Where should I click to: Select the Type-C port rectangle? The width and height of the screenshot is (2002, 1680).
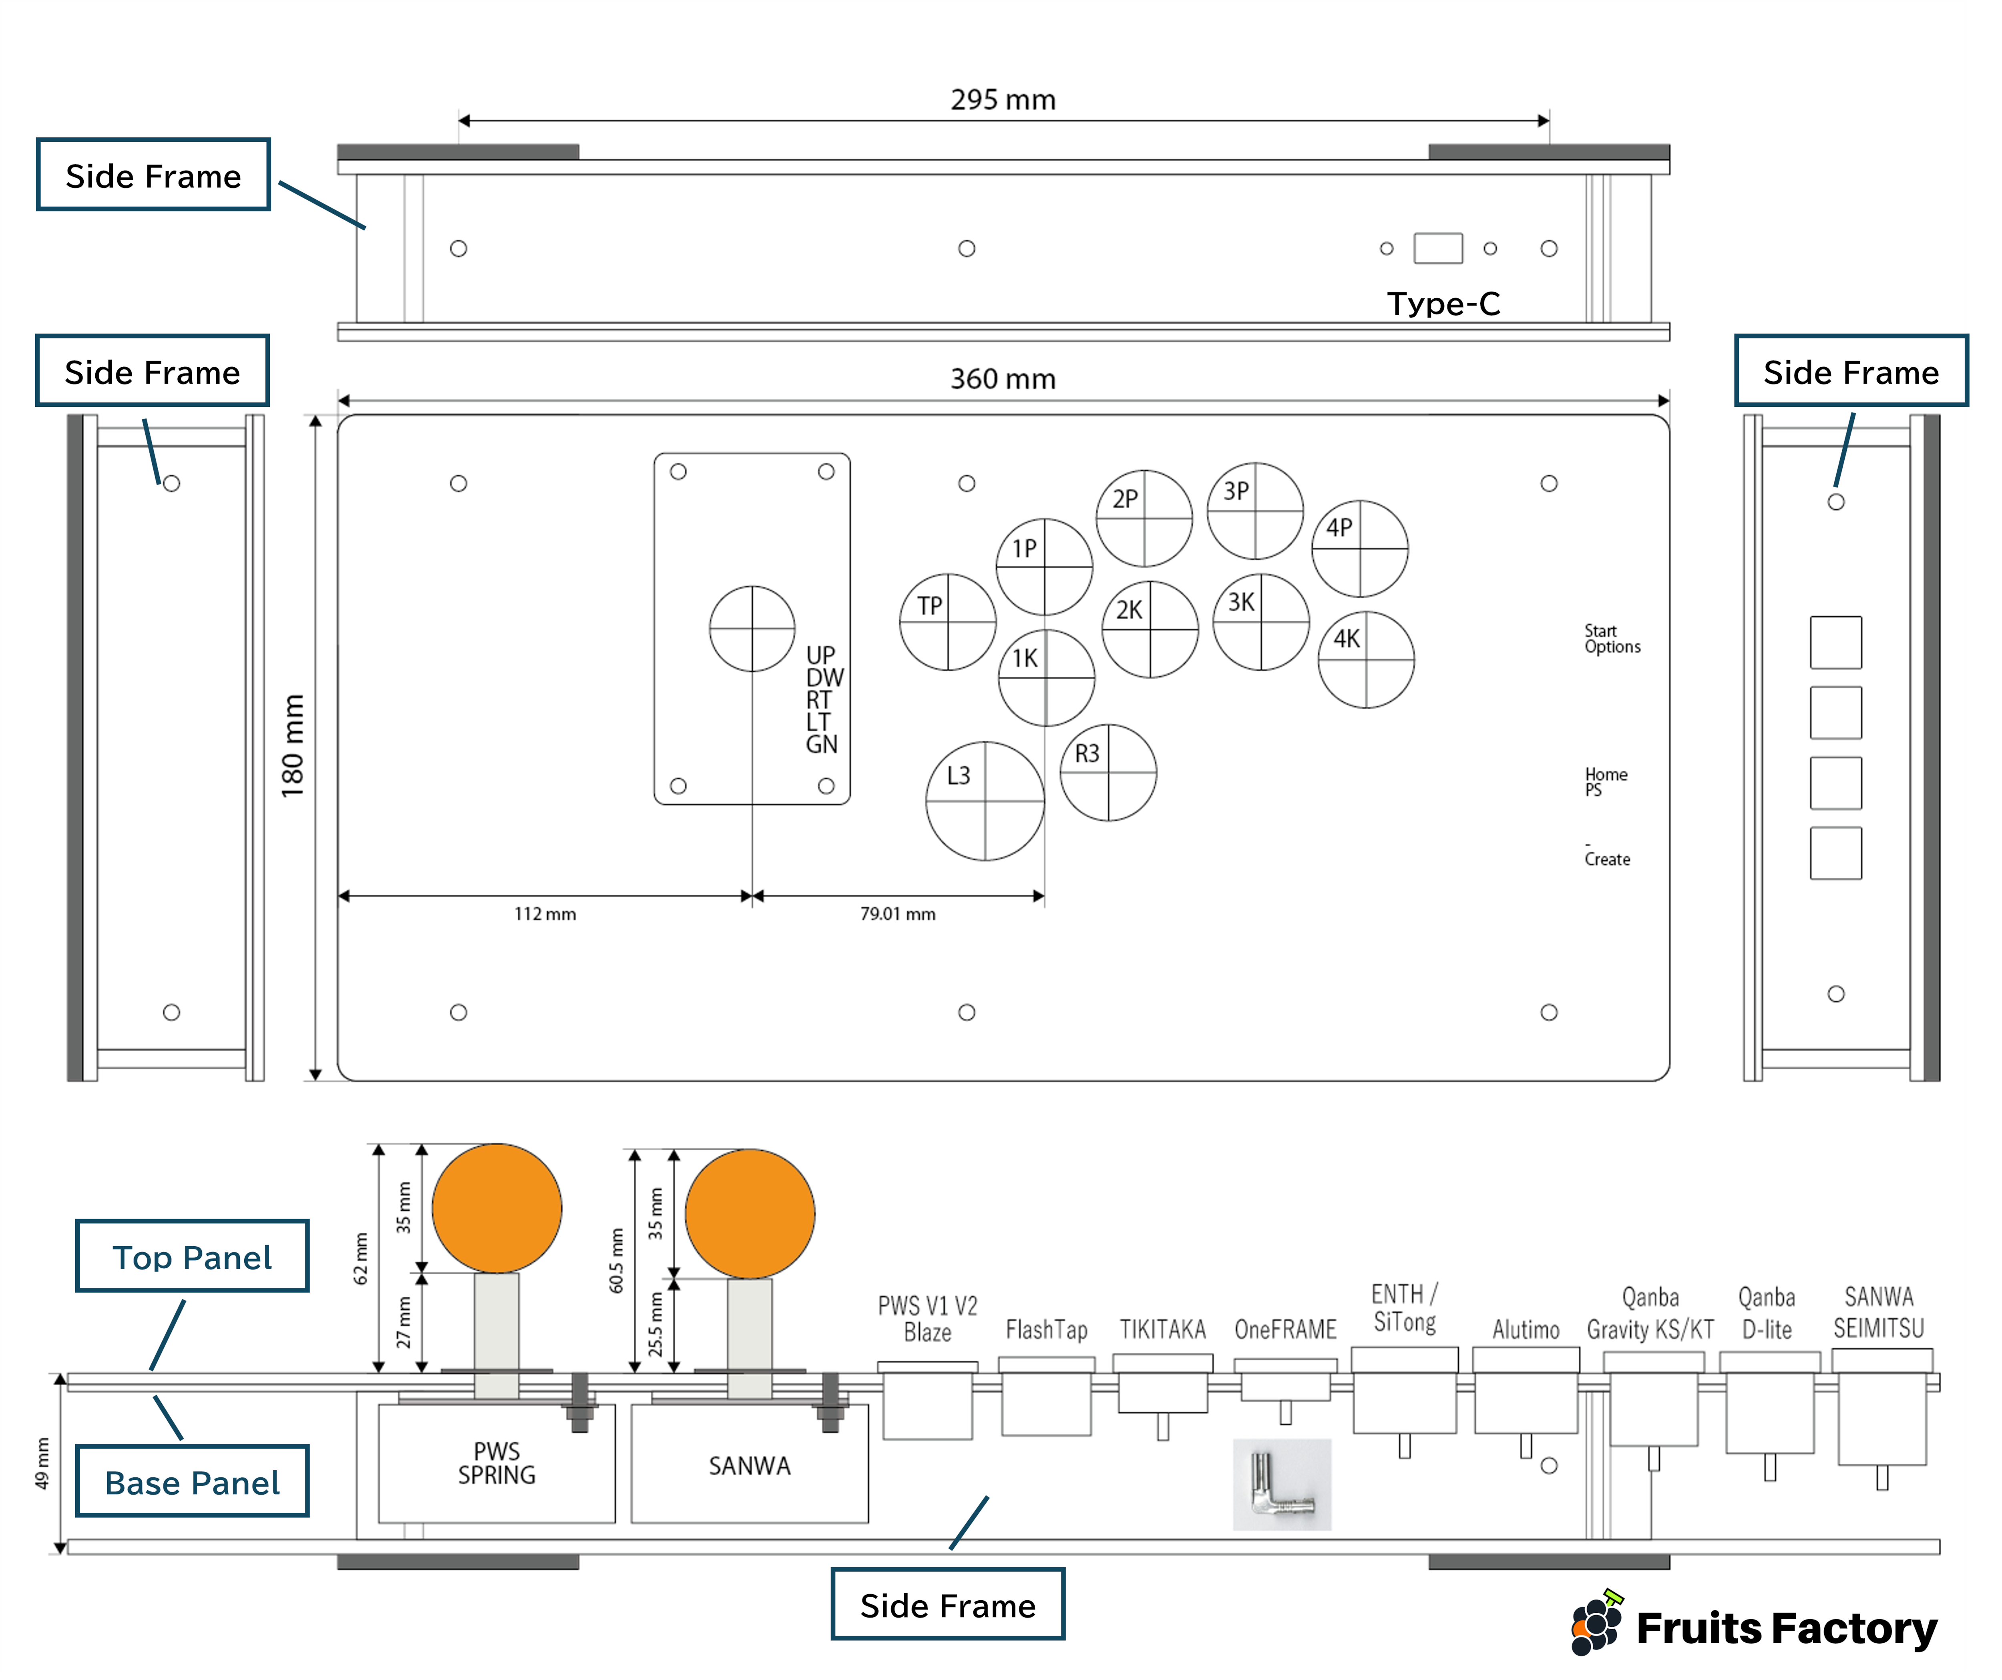point(1437,248)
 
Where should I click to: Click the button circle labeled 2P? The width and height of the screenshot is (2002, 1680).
point(1144,518)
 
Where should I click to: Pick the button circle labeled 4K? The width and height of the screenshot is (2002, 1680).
point(1365,659)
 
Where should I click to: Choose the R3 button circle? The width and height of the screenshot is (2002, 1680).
point(1108,772)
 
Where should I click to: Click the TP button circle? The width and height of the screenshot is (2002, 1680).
point(948,622)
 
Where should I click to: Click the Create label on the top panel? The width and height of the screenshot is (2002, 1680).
point(1607,859)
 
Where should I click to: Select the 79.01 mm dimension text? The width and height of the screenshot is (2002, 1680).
point(897,913)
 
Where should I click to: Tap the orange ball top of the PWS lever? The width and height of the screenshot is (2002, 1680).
point(496,1208)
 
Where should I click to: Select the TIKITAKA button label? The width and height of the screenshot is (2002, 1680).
point(1162,1329)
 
